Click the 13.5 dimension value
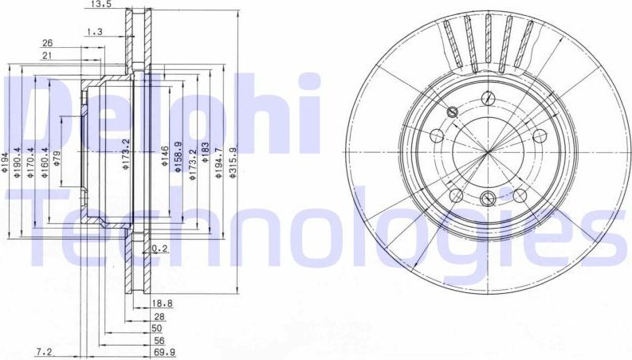pyautogui.click(x=100, y=5)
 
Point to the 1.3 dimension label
pyautogui.click(x=94, y=32)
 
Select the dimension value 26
pyautogui.click(x=47, y=43)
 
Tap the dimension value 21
pyautogui.click(x=47, y=55)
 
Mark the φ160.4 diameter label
pyautogui.click(x=45, y=166)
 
